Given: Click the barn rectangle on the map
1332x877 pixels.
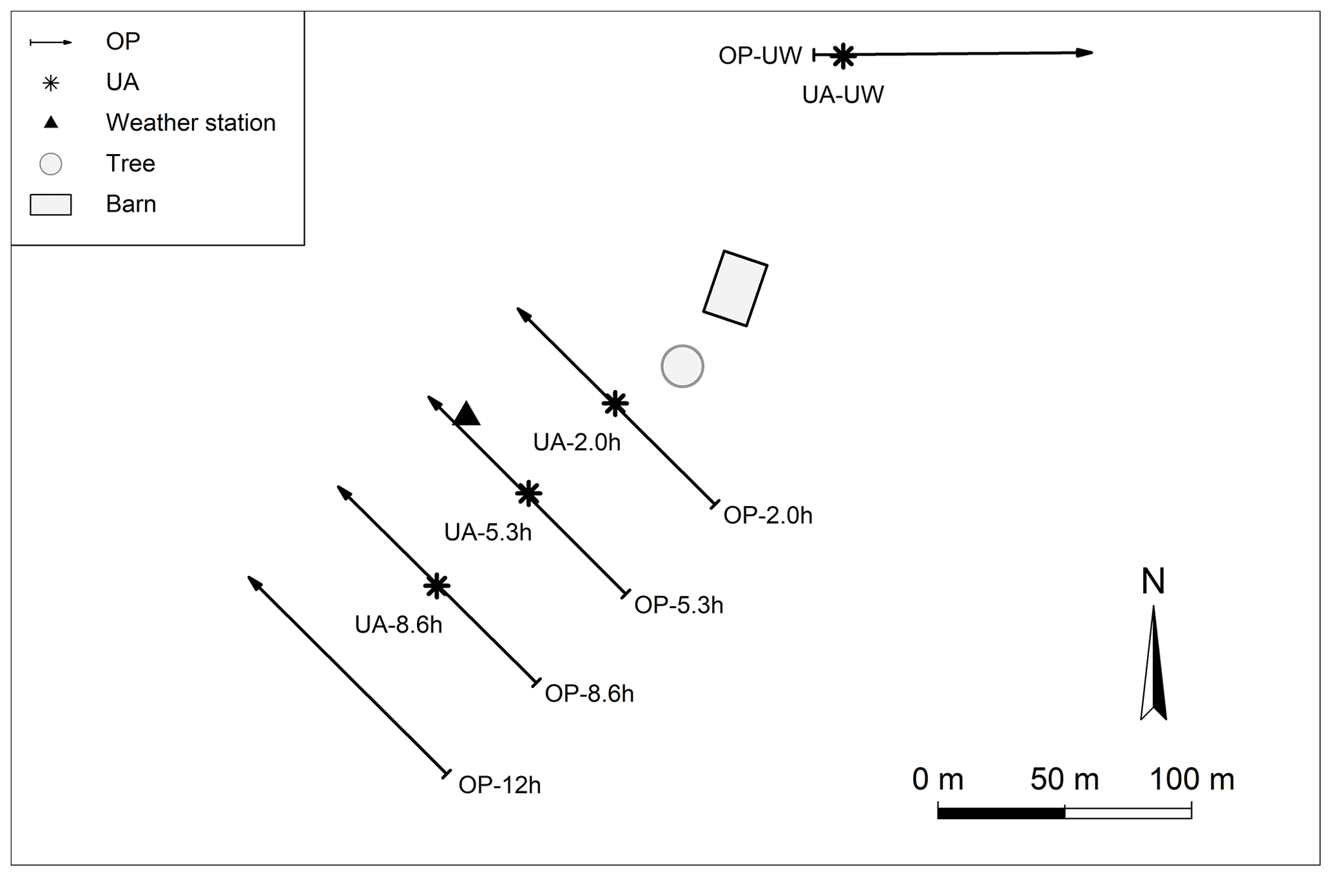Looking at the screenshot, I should (x=735, y=288).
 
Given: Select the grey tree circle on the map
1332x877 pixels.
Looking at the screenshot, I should (x=682, y=366).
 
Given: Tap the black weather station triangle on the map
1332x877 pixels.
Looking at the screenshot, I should (x=467, y=415).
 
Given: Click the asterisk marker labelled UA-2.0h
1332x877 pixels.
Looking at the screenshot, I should (x=615, y=403).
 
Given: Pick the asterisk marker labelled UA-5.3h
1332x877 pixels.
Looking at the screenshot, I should (x=528, y=493).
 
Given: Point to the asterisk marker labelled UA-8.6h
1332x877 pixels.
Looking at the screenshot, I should (x=437, y=586).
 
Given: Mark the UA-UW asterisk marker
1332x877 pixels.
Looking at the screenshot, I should (x=843, y=56).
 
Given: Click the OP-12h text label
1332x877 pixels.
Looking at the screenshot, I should (x=499, y=785).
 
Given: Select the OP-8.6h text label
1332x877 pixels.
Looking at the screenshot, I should (x=589, y=693).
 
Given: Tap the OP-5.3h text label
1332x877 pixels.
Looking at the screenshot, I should (x=679, y=605).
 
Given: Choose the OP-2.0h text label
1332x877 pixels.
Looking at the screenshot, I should (x=767, y=515).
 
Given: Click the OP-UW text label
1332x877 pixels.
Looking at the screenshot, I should (x=760, y=55).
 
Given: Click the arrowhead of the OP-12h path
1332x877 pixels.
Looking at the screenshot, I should (x=254, y=582).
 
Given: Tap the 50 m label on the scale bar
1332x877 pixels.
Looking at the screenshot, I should (x=1064, y=780).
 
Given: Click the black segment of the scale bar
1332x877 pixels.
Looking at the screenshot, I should (x=1001, y=813).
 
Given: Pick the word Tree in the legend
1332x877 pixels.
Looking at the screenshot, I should (x=130, y=163).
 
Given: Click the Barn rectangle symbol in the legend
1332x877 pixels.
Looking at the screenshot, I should (x=50, y=204).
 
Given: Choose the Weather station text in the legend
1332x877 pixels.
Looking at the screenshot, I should (x=191, y=123).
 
